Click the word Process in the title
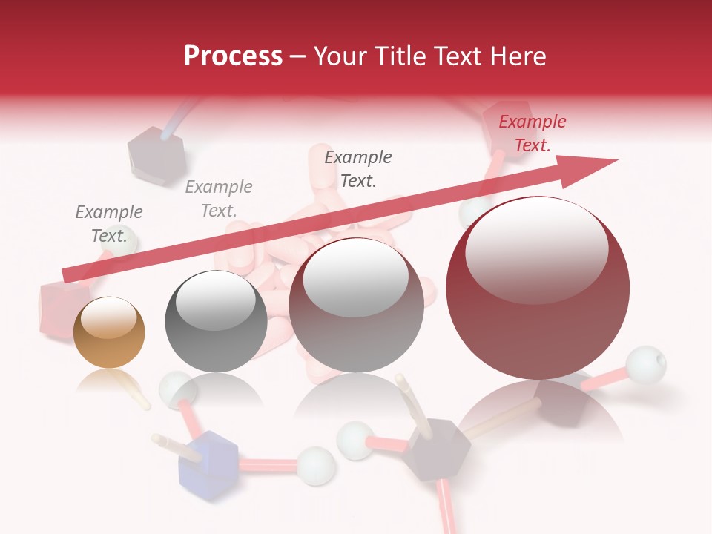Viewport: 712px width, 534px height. coord(233,56)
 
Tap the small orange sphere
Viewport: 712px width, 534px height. coord(109,333)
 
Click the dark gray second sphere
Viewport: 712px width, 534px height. coord(216,321)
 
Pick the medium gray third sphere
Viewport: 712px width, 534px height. coord(356,306)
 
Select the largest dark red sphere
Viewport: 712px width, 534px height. coord(538,288)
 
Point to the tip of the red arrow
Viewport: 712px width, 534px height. coord(616,160)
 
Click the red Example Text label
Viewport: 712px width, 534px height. coord(532,133)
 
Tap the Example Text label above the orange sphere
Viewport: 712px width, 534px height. coord(109,224)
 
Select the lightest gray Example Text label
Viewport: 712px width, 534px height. coord(218,199)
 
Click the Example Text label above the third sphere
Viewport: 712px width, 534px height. coord(358,168)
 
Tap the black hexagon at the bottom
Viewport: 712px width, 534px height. coord(438,449)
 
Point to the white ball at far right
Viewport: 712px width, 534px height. coord(645,365)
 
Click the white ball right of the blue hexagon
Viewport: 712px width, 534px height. coord(315,465)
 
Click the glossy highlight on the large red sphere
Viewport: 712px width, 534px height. coord(536,249)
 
